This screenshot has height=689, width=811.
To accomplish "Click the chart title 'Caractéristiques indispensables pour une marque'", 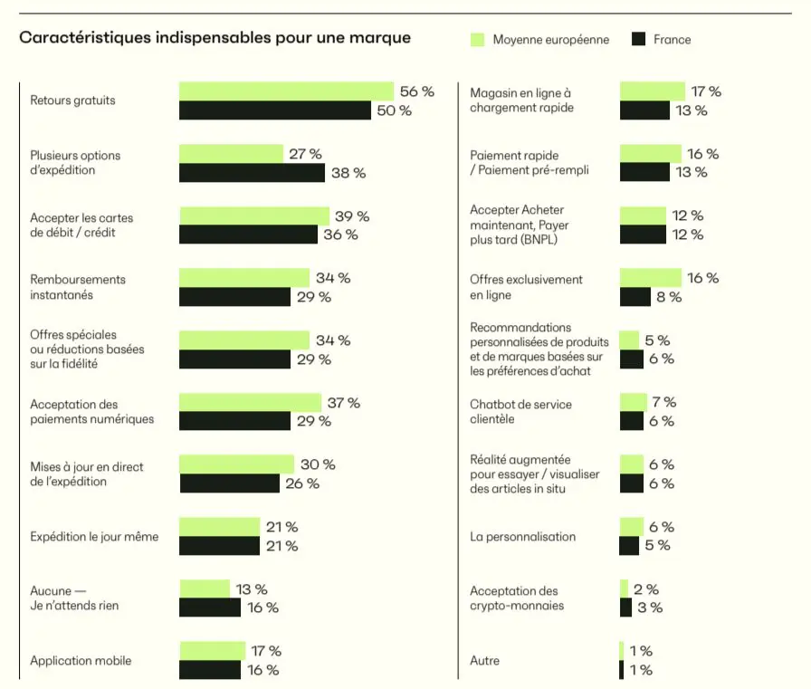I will coord(215,38).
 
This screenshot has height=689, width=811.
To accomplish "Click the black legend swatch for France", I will coord(637,39).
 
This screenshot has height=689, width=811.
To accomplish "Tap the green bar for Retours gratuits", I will coord(286,91).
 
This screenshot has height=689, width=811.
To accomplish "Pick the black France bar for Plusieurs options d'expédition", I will coord(252,173).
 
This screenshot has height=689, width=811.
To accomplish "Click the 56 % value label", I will coord(417,91).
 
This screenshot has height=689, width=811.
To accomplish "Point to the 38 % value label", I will coord(348,173).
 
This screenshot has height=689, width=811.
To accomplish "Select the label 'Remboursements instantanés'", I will coord(78,287).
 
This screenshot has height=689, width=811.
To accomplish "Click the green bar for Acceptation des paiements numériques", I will coord(250,403).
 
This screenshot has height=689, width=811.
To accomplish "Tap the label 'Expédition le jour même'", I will coord(94,537).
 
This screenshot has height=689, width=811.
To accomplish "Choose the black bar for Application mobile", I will coord(210,670).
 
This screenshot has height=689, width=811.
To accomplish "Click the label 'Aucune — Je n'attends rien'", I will coord(74,598).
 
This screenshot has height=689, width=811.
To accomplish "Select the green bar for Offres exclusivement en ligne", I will coord(650,278).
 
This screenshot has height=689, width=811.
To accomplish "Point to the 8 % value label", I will coord(669,297).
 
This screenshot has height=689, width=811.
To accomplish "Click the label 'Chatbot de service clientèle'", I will coord(520,412).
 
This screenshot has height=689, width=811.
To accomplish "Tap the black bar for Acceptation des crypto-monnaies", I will coord(625,608).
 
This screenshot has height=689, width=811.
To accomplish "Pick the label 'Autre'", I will coord(484,661).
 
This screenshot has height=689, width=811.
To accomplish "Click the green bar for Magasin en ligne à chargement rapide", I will coord(652,91).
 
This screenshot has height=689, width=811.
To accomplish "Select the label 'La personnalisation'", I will coord(522,537).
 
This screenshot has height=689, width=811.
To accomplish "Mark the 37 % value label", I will coord(343,403).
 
